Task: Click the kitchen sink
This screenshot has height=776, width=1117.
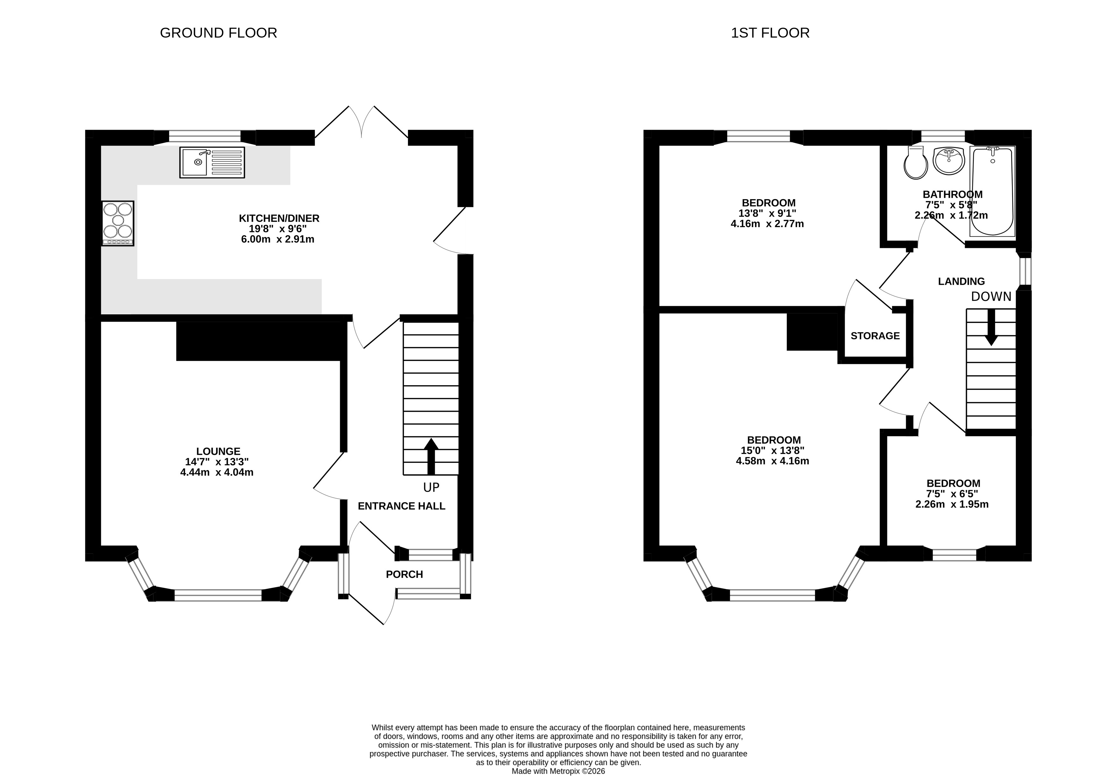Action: coord(212,162)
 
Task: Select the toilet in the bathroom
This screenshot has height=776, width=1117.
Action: coord(916,162)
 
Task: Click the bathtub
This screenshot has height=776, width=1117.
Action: coord(992,191)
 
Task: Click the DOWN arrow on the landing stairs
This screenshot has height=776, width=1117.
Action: coord(991,327)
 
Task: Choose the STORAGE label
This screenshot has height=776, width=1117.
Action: coord(875,335)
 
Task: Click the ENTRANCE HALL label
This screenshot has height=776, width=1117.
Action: coord(402,506)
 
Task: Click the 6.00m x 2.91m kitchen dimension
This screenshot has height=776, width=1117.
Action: coord(277,239)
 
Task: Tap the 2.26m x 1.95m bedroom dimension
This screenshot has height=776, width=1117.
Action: coord(952,504)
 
